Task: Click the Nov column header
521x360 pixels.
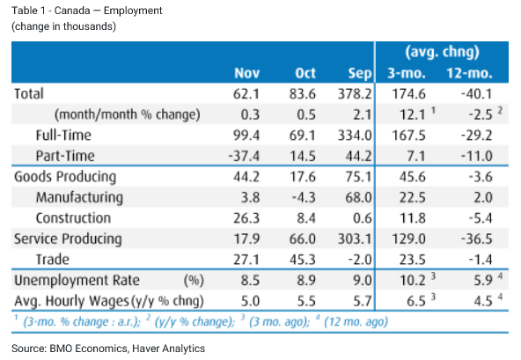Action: [246, 73]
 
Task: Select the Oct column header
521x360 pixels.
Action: [305, 73]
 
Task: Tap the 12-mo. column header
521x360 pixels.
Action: [469, 73]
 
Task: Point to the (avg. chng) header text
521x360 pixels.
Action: [443, 52]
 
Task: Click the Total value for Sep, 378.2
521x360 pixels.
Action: [355, 94]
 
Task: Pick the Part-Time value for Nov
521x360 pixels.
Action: [244, 156]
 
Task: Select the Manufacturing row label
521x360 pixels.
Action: [79, 197]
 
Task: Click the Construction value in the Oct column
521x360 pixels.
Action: [306, 218]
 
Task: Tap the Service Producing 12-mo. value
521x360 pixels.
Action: [476, 239]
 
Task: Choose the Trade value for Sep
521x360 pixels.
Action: [360, 260]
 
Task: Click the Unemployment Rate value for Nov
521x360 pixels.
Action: [250, 280]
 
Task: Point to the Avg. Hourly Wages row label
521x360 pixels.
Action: [71, 301]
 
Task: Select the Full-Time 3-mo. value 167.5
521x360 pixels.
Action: [408, 136]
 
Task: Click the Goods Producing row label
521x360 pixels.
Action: [65, 177]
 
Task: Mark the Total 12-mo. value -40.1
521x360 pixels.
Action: [476, 94]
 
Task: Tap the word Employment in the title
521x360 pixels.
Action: [133, 11]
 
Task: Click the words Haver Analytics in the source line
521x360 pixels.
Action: [168, 349]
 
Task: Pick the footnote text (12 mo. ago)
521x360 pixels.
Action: [356, 322]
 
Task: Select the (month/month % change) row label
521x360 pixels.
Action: [128, 114]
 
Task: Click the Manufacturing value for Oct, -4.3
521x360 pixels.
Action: [304, 197]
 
